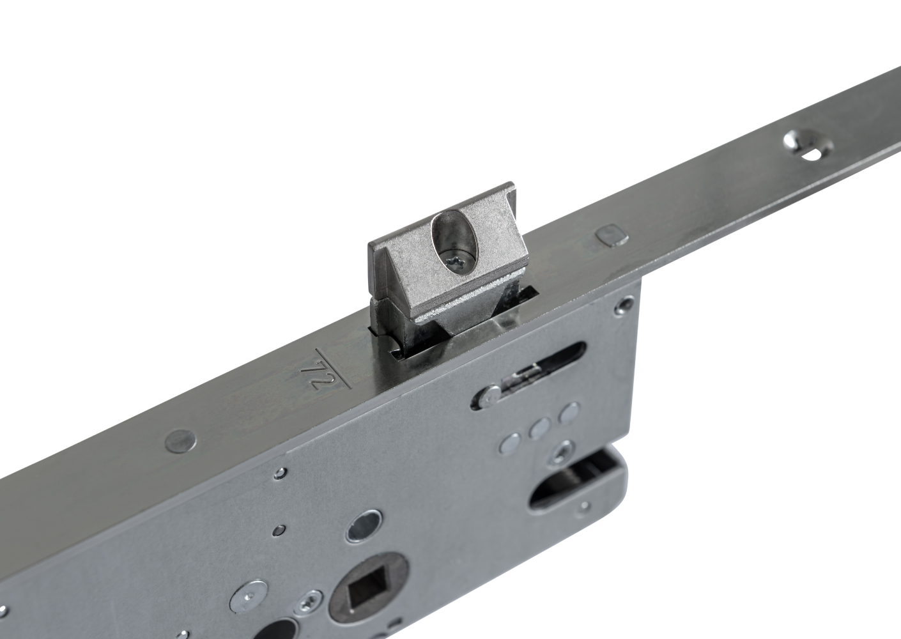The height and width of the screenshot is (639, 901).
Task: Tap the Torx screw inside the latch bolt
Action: click(456, 262)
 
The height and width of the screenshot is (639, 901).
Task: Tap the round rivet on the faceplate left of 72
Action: click(181, 440)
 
